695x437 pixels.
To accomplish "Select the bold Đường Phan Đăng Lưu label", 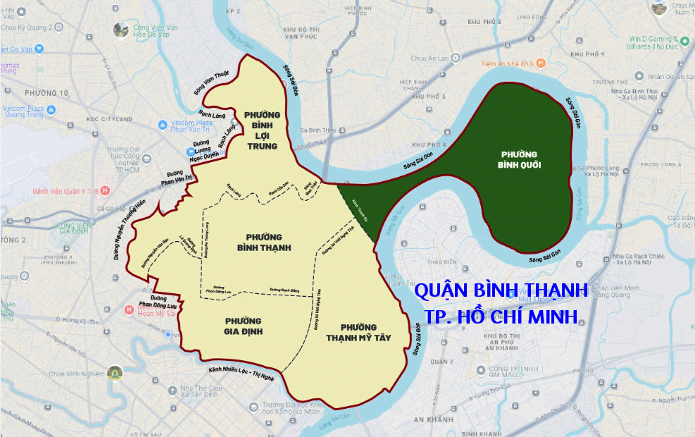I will point(158,302).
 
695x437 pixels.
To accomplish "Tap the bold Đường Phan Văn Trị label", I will point(180,175).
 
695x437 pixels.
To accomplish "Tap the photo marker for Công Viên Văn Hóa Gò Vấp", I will point(121,30).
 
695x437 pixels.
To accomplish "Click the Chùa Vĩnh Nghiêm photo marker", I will point(114,373).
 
